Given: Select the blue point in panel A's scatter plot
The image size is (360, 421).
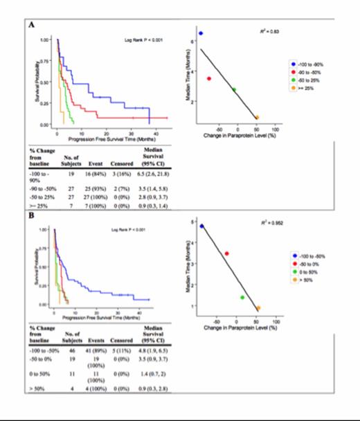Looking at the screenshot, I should pyautogui.click(x=201, y=33).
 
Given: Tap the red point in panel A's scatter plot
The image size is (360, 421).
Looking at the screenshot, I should pyautogui.click(x=208, y=78).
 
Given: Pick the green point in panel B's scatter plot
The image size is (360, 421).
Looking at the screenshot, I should pyautogui.click(x=242, y=297).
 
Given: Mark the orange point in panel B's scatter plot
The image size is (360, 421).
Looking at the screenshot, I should pyautogui.click(x=258, y=308).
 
